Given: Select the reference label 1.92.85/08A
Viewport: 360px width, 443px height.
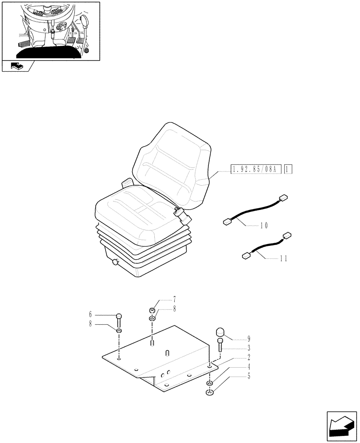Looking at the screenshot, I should point(255,169).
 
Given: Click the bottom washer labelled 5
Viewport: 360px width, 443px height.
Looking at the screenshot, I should point(210,392).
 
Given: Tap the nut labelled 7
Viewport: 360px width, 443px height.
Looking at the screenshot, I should point(153,310).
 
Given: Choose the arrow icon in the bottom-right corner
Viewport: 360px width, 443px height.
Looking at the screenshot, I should point(341,424).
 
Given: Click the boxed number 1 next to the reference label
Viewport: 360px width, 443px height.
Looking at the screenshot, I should point(289,169).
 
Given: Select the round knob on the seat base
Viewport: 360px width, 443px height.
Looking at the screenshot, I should point(116,263).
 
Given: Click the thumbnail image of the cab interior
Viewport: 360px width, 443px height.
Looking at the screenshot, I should point(51,30).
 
